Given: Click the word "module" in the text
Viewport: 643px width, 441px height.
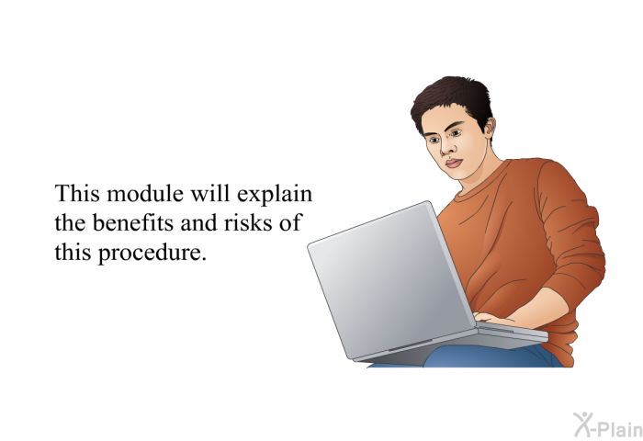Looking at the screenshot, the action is pos(145,194).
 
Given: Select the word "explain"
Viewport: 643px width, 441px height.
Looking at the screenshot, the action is pos(275,195).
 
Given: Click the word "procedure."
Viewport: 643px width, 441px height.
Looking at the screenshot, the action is pos(152,253).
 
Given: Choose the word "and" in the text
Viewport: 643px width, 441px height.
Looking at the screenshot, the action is pos(199,222).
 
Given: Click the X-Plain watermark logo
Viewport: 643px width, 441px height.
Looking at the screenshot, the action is pos(608,424).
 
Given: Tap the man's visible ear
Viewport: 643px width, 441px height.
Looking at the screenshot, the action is pos(490,127).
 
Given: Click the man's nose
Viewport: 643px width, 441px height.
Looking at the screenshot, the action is pos(445,149).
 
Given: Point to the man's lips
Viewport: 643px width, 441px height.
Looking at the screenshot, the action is pos(454,163).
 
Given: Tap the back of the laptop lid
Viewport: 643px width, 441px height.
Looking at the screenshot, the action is pos(390,279).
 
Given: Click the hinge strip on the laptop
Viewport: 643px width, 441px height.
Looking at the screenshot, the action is pos(410,347).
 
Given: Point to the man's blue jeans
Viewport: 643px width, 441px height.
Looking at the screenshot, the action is pos(492,356).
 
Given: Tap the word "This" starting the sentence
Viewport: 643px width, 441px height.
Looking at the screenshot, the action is pos(77,194).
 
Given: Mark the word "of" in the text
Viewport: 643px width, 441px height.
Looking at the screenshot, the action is pos(289,222).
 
